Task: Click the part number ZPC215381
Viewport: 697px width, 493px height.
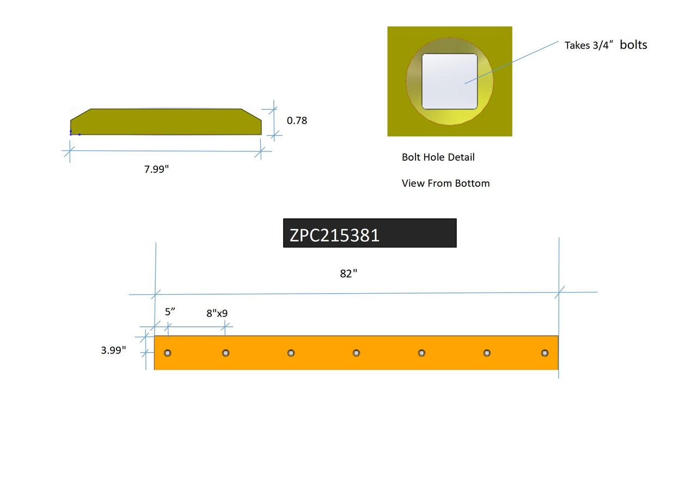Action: [x=334, y=235]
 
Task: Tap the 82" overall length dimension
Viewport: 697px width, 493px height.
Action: [x=348, y=274]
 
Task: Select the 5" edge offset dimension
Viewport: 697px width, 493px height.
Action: [x=170, y=312]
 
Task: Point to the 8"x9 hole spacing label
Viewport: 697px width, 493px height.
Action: [x=217, y=314]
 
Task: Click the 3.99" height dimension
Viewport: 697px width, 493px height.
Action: [x=113, y=350]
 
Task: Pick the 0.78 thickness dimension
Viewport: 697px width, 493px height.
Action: [x=297, y=120]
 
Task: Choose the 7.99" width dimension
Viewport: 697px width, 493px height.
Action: [x=157, y=169]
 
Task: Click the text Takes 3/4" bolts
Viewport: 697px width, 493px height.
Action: [x=606, y=45]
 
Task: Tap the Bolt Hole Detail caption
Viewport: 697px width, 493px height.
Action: [x=438, y=157]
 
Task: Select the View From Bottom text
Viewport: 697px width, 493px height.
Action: [x=445, y=184]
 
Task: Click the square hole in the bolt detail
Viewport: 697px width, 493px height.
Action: [x=450, y=81]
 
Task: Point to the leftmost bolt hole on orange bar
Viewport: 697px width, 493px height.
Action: [x=168, y=353]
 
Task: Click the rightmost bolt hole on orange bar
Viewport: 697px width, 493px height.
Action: [x=545, y=353]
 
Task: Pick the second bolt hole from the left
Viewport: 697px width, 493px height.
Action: [x=226, y=353]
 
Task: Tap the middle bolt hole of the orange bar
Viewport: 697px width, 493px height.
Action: [x=356, y=353]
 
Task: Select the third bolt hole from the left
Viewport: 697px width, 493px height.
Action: [x=291, y=353]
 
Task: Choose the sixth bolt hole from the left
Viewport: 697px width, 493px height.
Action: [x=487, y=353]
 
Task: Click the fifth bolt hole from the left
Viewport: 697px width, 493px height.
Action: [x=421, y=353]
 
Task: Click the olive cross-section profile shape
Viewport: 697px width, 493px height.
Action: [x=166, y=122]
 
